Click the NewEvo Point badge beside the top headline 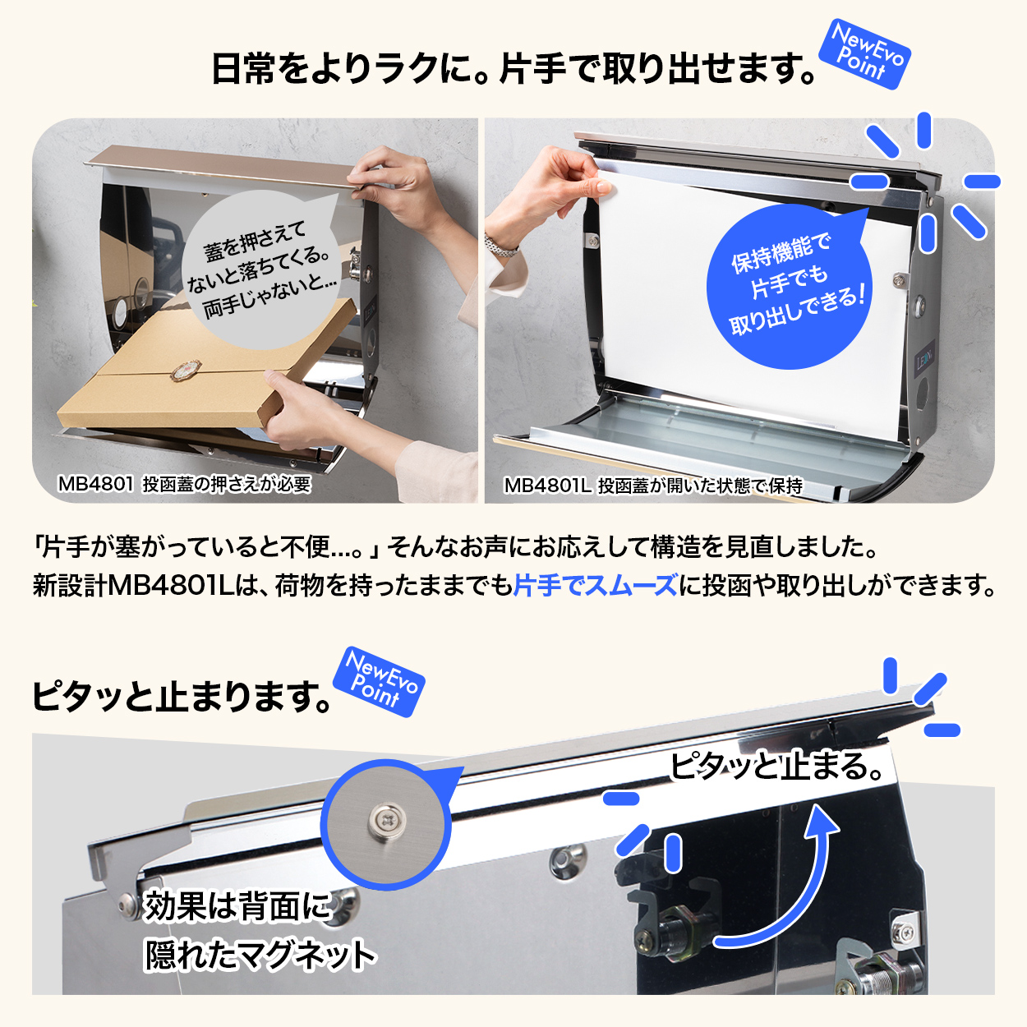coord(864,54)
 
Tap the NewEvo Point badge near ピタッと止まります coord(379,682)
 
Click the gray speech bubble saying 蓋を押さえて coord(260,269)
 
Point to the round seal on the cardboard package coord(186,369)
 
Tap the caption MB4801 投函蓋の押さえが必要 coord(184,484)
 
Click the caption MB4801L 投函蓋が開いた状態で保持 coord(653,486)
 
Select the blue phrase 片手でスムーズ coord(596,585)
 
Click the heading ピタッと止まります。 coord(182,696)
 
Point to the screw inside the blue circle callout coord(386,822)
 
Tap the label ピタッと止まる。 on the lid coord(776,766)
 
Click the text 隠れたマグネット coord(260,955)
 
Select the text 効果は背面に coord(238,906)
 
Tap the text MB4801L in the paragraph coord(171,585)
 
